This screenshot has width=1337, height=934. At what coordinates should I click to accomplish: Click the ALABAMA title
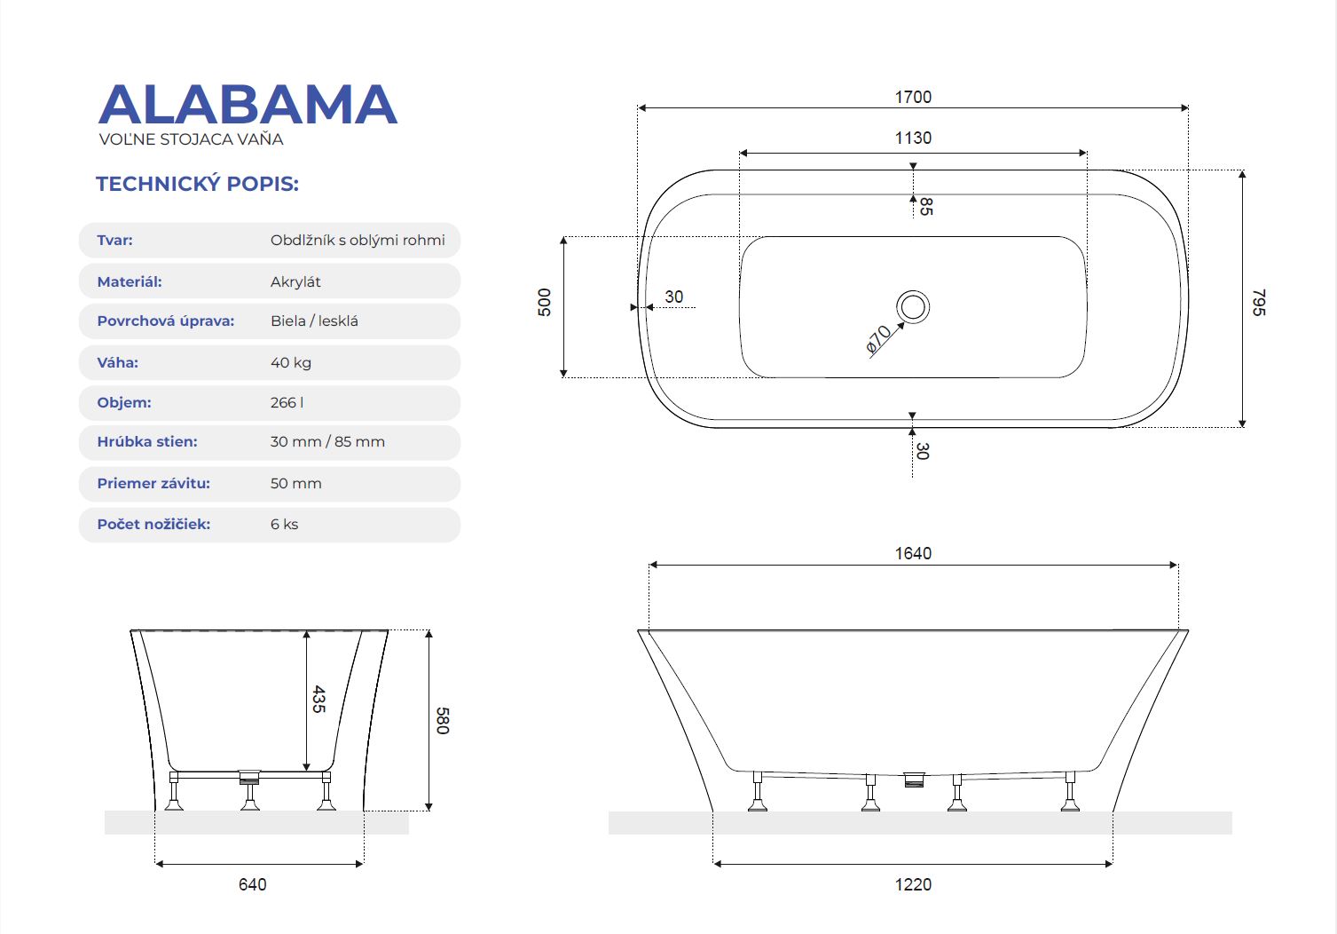(x=248, y=105)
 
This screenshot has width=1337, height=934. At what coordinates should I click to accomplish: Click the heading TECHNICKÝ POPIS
(x=197, y=184)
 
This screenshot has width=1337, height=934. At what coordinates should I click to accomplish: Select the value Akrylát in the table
(x=295, y=281)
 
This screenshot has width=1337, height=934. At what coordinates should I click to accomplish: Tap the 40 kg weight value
(x=291, y=362)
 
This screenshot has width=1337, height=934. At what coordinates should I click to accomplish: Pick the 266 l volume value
(x=287, y=402)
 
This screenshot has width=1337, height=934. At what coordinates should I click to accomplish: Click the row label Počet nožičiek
(x=153, y=525)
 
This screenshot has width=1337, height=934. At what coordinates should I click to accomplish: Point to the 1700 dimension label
(x=913, y=97)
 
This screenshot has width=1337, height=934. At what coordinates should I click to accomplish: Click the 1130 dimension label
(x=913, y=138)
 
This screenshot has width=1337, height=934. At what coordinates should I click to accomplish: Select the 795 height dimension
(x=1258, y=302)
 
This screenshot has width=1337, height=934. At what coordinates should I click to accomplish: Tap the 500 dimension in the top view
(x=545, y=302)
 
